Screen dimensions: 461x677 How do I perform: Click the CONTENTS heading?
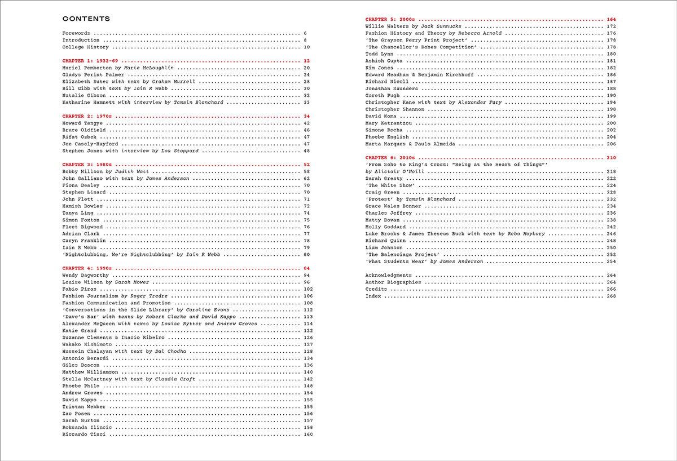86,19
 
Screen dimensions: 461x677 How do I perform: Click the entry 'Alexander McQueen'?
87,324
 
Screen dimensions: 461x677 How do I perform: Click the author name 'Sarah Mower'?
131,282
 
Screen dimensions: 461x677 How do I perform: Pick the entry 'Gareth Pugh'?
383,96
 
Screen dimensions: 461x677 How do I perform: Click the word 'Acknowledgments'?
389,275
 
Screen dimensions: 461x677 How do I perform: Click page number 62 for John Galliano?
307,179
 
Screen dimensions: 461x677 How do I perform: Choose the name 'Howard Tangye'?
82,123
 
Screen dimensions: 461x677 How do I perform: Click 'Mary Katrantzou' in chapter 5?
387,123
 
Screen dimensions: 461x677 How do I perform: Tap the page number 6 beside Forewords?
305,33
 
